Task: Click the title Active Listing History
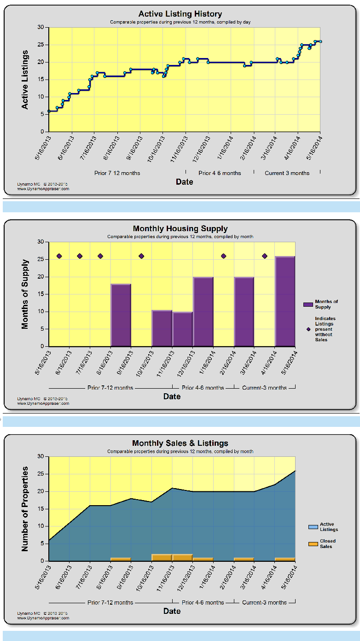tap(180, 14)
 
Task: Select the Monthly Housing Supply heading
tap(180, 228)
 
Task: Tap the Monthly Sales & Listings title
tap(180, 443)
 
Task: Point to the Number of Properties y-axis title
tap(25, 509)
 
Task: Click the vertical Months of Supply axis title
tap(25, 294)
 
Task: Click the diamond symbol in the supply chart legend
tap(308, 329)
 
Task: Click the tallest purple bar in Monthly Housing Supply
tap(285, 301)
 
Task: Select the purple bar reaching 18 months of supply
tap(121, 315)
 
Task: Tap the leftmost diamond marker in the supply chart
tap(59, 256)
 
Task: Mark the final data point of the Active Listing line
tap(320, 41)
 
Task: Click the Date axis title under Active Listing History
tap(184, 182)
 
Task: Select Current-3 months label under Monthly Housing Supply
tap(264, 388)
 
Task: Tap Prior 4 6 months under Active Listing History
tap(220, 173)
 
